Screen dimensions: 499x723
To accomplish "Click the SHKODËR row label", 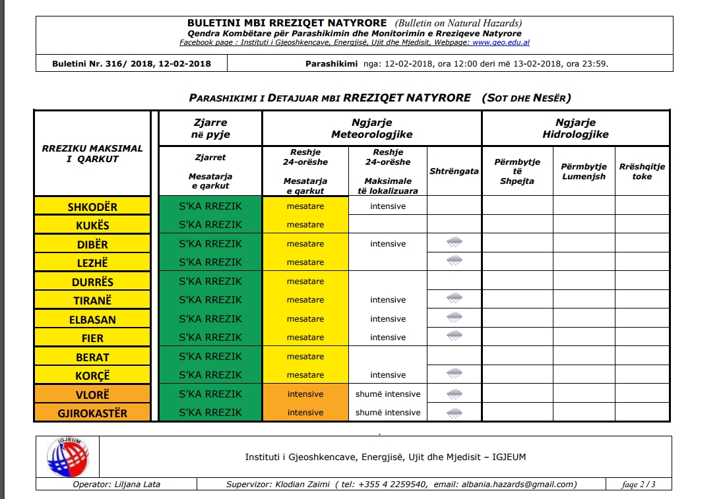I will [x=92, y=207].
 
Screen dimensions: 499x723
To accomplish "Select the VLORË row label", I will [x=92, y=394].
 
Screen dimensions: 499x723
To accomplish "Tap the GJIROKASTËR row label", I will [x=92, y=413].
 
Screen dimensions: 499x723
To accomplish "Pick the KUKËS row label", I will [x=92, y=225].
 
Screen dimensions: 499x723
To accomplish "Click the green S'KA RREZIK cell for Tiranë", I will [x=210, y=300].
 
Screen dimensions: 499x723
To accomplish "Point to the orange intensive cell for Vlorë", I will [x=305, y=394].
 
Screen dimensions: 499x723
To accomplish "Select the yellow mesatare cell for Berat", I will [x=305, y=357].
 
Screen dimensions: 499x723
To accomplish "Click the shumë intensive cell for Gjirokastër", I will [x=388, y=413].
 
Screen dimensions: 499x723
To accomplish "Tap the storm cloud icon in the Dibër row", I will [x=455, y=243].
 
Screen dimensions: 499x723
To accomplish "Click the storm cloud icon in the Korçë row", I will [x=455, y=374].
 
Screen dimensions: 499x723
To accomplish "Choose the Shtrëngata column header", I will [x=455, y=171].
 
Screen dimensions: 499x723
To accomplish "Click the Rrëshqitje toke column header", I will [x=642, y=171].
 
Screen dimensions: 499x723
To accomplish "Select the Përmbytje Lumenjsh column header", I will [x=583, y=171].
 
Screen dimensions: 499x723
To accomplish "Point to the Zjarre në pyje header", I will [x=210, y=129].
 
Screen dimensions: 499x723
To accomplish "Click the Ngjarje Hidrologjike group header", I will [x=575, y=129].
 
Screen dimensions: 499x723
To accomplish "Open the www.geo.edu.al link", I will [x=501, y=43].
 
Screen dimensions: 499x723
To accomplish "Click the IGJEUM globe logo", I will [x=68, y=457].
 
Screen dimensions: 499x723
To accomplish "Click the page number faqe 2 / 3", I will [x=639, y=484].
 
